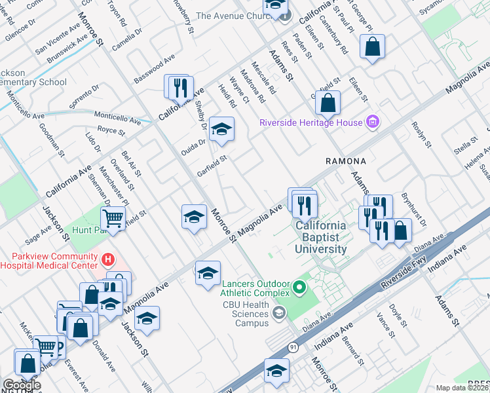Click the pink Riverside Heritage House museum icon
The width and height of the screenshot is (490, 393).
(x=373, y=122)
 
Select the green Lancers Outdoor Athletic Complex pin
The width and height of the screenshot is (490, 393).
(x=299, y=287)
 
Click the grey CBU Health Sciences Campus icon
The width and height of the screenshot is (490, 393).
(x=280, y=313)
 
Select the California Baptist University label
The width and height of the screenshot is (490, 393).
(x=321, y=237)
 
